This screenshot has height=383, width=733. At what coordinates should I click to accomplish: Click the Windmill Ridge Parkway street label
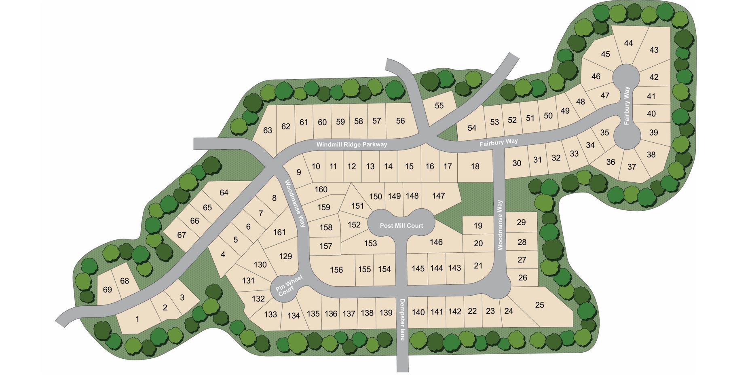point(351,144)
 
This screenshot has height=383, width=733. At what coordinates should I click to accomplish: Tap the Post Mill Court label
point(401,226)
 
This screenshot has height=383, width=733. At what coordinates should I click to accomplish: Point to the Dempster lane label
point(402,320)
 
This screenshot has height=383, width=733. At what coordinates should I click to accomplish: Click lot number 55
point(439,106)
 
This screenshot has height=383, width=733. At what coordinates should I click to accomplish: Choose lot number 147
point(438,196)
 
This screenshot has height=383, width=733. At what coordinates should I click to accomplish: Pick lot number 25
point(539,305)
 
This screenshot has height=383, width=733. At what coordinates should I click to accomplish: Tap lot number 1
point(137,319)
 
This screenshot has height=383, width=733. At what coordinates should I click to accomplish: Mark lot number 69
point(107,290)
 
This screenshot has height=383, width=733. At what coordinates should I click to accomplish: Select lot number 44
point(628,43)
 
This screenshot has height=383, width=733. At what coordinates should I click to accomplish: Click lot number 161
point(279,232)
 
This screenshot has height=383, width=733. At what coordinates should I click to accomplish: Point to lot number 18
point(475,166)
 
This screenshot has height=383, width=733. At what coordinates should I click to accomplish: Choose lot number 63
point(268,130)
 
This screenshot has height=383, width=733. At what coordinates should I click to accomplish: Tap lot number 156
point(336,270)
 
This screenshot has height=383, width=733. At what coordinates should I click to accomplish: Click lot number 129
point(285,256)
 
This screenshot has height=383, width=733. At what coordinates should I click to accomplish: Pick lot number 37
point(632,167)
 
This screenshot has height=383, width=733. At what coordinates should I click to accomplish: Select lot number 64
point(224,193)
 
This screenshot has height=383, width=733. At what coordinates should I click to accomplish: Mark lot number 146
point(436,242)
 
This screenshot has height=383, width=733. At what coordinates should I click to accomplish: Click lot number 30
point(517,163)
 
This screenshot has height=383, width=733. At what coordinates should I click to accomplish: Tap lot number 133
point(270,314)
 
